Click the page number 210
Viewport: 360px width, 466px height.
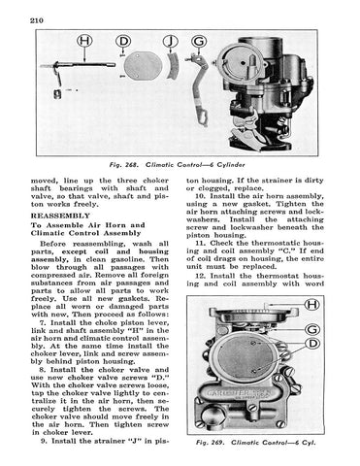coord(37,20)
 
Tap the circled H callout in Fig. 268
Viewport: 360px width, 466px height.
coord(84,41)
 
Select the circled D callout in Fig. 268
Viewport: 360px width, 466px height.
coord(123,41)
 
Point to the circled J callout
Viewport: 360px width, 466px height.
coord(170,41)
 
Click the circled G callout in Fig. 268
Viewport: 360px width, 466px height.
coord(199,41)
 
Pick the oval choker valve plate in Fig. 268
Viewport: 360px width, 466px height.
coord(142,66)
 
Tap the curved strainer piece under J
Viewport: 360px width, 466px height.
coord(174,66)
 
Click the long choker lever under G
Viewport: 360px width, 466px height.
coord(200,89)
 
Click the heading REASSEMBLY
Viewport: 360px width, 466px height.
coord(60,216)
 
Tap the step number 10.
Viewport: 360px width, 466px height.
coord(200,196)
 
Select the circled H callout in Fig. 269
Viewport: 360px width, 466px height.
coord(312,304)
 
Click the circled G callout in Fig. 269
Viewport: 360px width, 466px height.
coord(312,329)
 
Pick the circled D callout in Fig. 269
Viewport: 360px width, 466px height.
coord(312,344)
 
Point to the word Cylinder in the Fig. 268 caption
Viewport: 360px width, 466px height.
coord(231,165)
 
